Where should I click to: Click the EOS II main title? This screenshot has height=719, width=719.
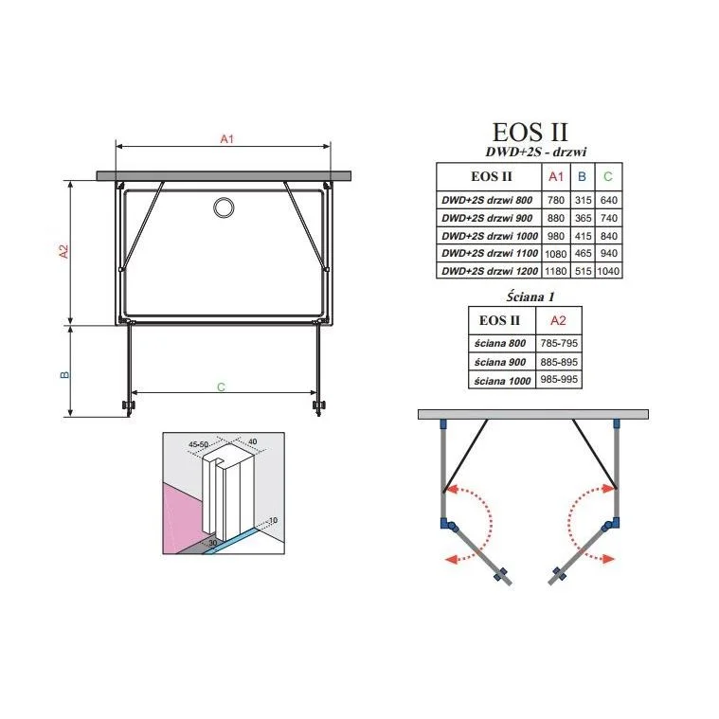click(530, 133)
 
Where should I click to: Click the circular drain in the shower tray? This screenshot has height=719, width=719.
click(224, 207)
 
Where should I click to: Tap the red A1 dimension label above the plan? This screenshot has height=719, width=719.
click(227, 139)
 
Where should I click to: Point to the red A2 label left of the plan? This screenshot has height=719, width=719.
click(63, 251)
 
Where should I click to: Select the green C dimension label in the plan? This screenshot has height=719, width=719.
click(221, 387)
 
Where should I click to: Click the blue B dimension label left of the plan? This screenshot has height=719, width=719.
click(64, 374)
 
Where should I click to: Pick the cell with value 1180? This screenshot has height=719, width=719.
click(556, 271)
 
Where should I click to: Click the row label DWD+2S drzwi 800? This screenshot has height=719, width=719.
click(487, 200)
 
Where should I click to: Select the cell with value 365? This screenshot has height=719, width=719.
click(583, 218)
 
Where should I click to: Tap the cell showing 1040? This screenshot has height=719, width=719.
click(608, 271)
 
